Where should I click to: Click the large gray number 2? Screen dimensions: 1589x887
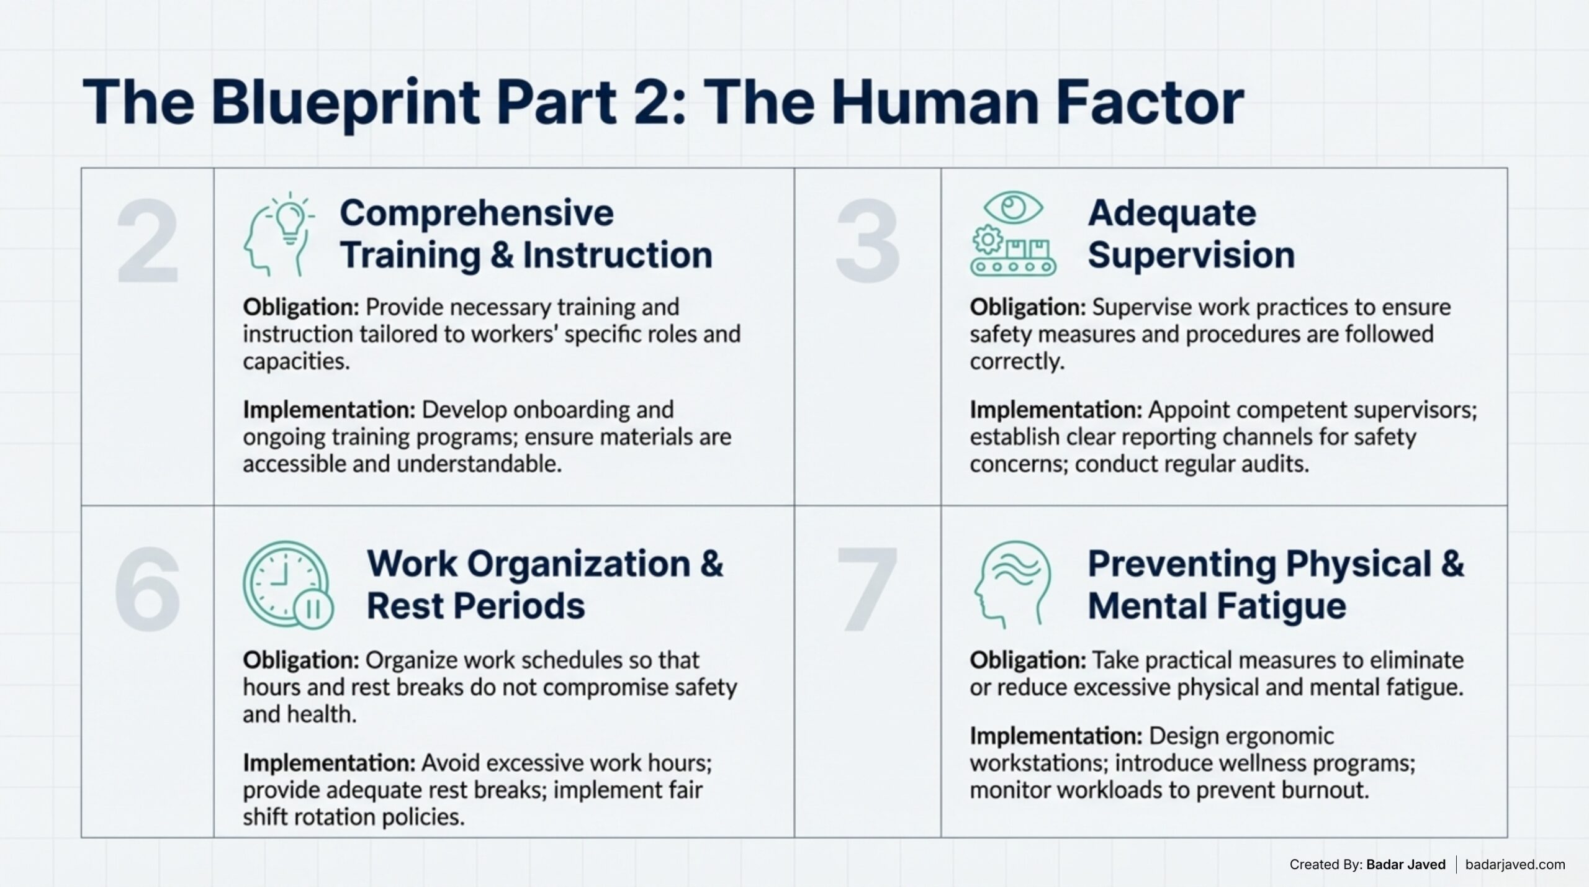pyautogui.click(x=148, y=241)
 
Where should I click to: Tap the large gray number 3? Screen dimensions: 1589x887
pyautogui.click(x=867, y=241)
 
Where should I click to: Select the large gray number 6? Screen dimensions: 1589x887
pyautogui.click(x=148, y=589)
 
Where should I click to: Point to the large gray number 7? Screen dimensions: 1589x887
pyautogui.click(x=867, y=589)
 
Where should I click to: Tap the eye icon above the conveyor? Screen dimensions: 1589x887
pyautogui.click(x=1013, y=207)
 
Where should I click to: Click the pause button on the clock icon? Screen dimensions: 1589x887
pyautogui.click(x=313, y=609)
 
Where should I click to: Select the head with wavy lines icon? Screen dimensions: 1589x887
pyautogui.click(x=1012, y=584)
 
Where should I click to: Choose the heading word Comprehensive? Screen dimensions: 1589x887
pyautogui.click(x=477, y=214)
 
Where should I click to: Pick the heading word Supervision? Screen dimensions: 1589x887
pyautogui.click(x=1191, y=255)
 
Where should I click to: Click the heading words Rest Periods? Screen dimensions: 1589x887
pyautogui.click(x=475, y=606)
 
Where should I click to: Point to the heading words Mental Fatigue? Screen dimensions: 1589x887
pyautogui.click(x=1217, y=606)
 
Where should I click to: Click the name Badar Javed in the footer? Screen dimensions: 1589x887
pyautogui.click(x=1406, y=865)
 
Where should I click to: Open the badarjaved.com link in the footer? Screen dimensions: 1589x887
pyautogui.click(x=1515, y=865)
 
